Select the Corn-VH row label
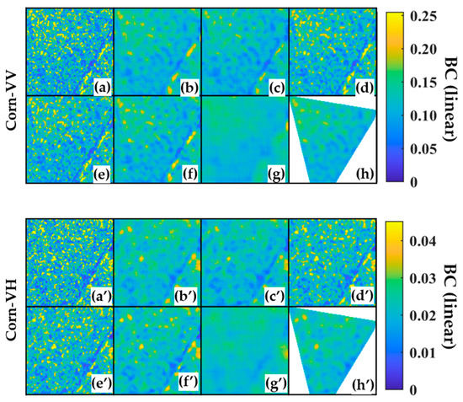tap(11, 304)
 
